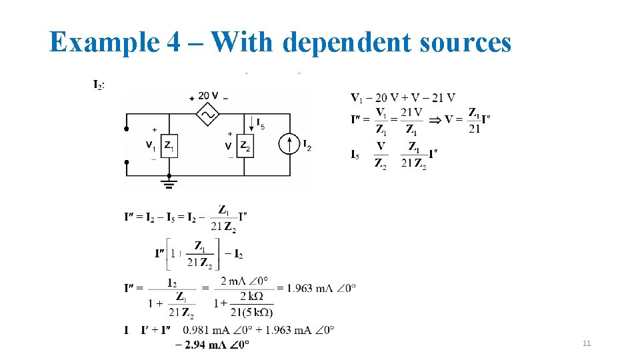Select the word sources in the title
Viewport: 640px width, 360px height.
(463, 43)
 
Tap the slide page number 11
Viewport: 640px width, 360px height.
(587, 343)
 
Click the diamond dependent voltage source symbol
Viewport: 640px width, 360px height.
(207, 114)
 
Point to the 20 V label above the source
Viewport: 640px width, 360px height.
(209, 97)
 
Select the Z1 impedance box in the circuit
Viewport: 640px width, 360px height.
(169, 145)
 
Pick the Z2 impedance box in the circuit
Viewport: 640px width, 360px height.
(245, 145)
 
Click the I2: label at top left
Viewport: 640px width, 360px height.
(98, 85)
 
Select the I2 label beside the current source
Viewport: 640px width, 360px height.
(307, 145)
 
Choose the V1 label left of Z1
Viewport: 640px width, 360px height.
(151, 145)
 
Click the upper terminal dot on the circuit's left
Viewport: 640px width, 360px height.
(127, 129)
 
